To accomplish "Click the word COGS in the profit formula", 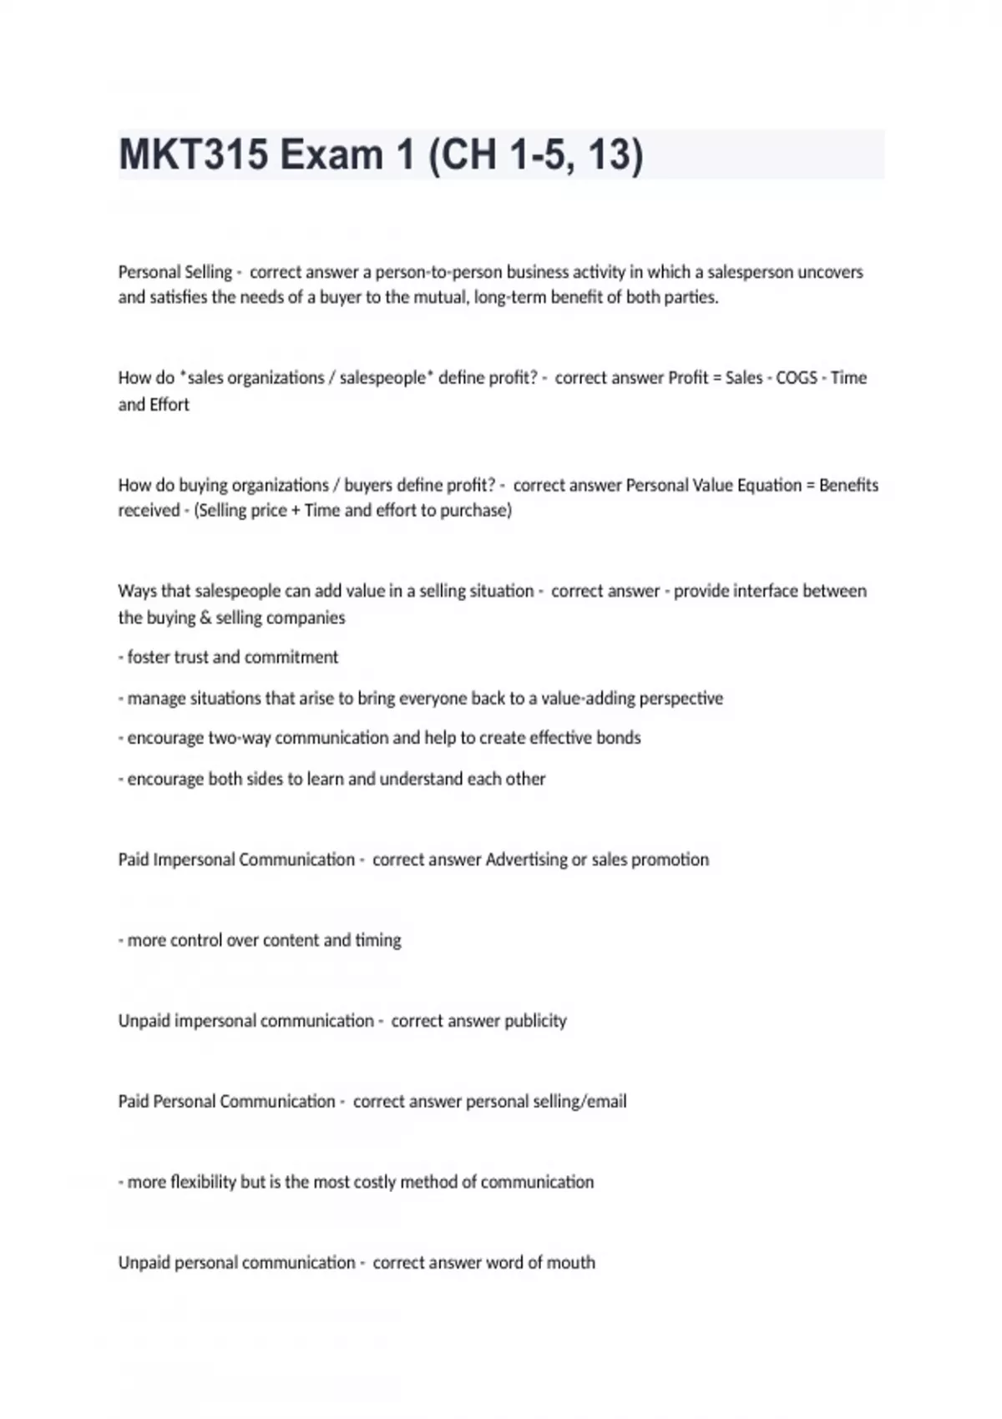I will (x=797, y=378).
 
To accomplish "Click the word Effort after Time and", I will (x=170, y=405).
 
